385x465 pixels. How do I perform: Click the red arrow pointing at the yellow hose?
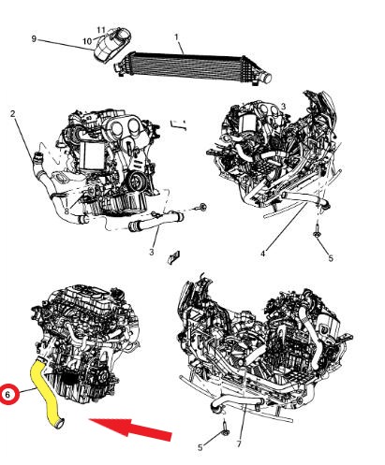tap(131, 429)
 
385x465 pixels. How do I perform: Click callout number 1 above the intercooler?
tap(176, 37)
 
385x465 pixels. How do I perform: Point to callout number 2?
tap(13, 114)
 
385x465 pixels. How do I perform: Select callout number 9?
tap(34, 38)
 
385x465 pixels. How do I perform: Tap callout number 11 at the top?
tap(101, 29)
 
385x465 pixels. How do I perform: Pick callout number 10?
tap(87, 40)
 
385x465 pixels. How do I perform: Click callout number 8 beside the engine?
tap(67, 212)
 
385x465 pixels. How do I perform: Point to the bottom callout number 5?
tap(200, 447)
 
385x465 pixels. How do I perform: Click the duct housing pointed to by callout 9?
tap(111, 46)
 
